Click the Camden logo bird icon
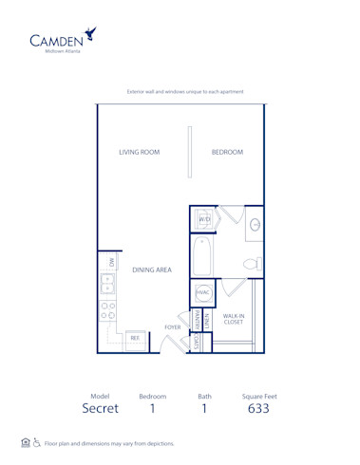pyautogui.click(x=90, y=35)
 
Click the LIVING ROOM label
pyautogui.click(x=138, y=152)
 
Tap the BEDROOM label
pyautogui.click(x=227, y=152)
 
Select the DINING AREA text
pyautogui.click(x=151, y=270)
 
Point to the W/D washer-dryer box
pyautogui.click(x=204, y=220)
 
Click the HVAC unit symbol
pyautogui.click(x=203, y=293)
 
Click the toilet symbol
pyautogui.click(x=252, y=263)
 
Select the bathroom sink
pyautogui.click(x=254, y=225)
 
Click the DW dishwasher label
pyautogui.click(x=110, y=261)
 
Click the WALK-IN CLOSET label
pyautogui.click(x=234, y=319)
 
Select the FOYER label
pyautogui.click(x=172, y=326)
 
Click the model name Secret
pyautogui.click(x=100, y=409)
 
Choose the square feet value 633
pyautogui.click(x=258, y=409)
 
